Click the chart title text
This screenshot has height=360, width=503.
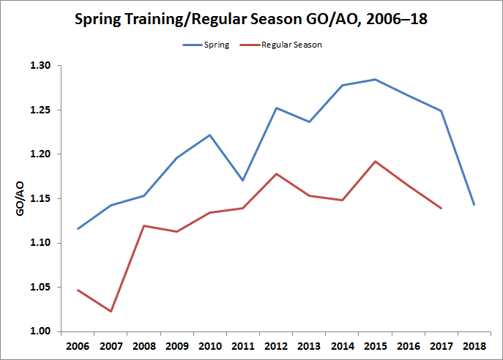[251, 19]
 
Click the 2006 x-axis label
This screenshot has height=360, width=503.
[77, 345]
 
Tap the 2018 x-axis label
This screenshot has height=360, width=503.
[474, 345]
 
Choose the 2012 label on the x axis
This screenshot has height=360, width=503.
[275, 345]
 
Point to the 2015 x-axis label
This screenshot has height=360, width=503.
[375, 345]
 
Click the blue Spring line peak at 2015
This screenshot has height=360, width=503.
[375, 79]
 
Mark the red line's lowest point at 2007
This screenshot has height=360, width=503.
[110, 312]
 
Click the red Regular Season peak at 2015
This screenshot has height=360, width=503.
[375, 161]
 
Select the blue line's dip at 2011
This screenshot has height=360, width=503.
[242, 180]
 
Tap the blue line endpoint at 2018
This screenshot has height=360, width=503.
[474, 205]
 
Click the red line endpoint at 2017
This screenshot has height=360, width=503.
[441, 209]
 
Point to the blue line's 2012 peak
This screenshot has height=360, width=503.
[275, 108]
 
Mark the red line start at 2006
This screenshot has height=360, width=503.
[77, 290]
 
